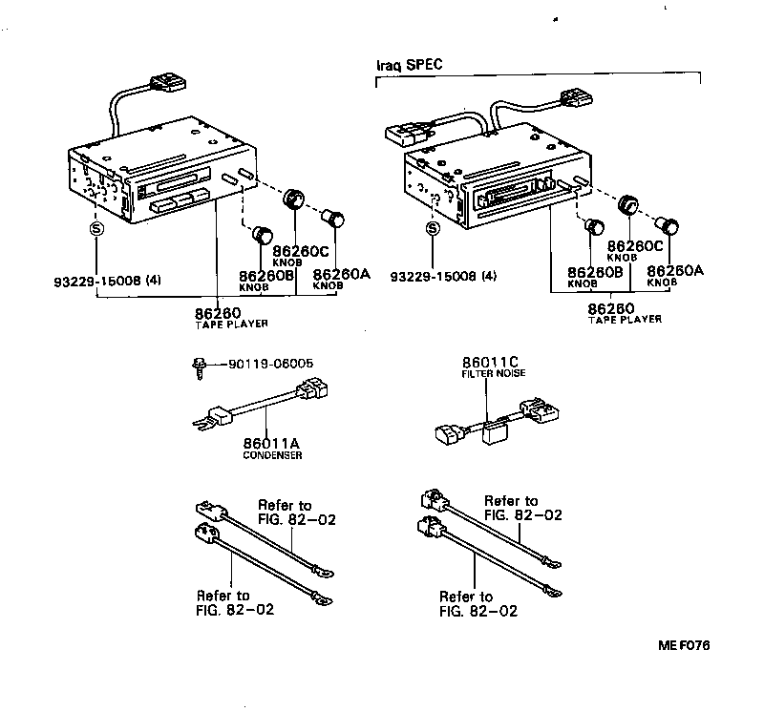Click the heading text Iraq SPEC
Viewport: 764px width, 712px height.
click(x=412, y=66)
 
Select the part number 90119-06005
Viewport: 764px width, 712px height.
click(x=270, y=364)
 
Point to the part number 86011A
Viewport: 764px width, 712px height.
click(x=272, y=442)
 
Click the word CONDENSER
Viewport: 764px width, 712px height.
click(x=272, y=455)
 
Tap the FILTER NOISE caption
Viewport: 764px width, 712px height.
click(x=495, y=374)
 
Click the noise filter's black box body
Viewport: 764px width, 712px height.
click(x=497, y=433)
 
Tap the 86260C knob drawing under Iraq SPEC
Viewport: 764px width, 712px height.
click(x=627, y=206)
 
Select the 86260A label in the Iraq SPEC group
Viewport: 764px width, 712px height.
click(x=674, y=270)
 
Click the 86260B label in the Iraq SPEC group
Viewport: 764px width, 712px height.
click(x=595, y=272)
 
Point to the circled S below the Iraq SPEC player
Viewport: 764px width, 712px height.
click(x=433, y=229)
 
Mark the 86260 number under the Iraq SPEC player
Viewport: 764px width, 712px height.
click(x=612, y=308)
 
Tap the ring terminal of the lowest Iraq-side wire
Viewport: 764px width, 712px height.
click(x=549, y=590)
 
